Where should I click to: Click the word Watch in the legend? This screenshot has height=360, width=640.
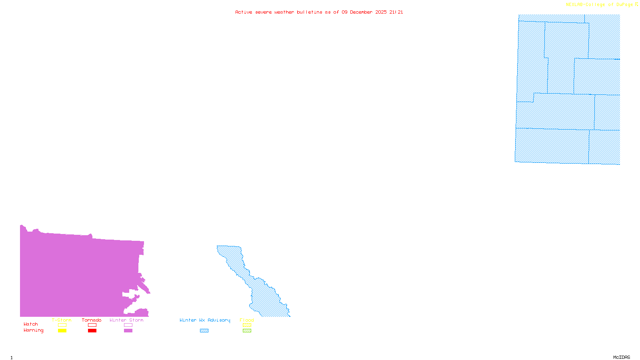(x=31, y=324)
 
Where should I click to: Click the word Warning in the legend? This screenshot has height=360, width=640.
(x=34, y=330)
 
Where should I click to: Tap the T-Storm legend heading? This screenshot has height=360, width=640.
(x=62, y=320)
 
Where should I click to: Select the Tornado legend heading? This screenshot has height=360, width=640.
(x=92, y=320)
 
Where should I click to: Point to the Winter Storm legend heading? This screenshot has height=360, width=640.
(x=126, y=320)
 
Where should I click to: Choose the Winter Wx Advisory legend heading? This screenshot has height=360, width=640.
(x=205, y=320)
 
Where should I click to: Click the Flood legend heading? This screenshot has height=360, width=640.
(x=247, y=320)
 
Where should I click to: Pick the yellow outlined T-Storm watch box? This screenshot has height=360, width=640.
(x=62, y=325)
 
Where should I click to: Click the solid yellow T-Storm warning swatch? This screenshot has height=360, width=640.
(x=62, y=331)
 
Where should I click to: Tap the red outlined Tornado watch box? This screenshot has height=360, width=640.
(x=92, y=325)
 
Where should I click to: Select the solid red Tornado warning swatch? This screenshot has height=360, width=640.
(x=92, y=331)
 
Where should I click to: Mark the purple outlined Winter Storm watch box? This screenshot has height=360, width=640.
(x=128, y=325)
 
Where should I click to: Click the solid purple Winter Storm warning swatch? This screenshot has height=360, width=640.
(x=128, y=331)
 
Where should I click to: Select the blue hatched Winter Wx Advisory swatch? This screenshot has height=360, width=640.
(x=204, y=331)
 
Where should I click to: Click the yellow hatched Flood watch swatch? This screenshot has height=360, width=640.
(x=247, y=325)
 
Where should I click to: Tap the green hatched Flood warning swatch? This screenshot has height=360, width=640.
(x=247, y=331)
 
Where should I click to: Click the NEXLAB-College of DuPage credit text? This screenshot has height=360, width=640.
(x=600, y=5)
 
